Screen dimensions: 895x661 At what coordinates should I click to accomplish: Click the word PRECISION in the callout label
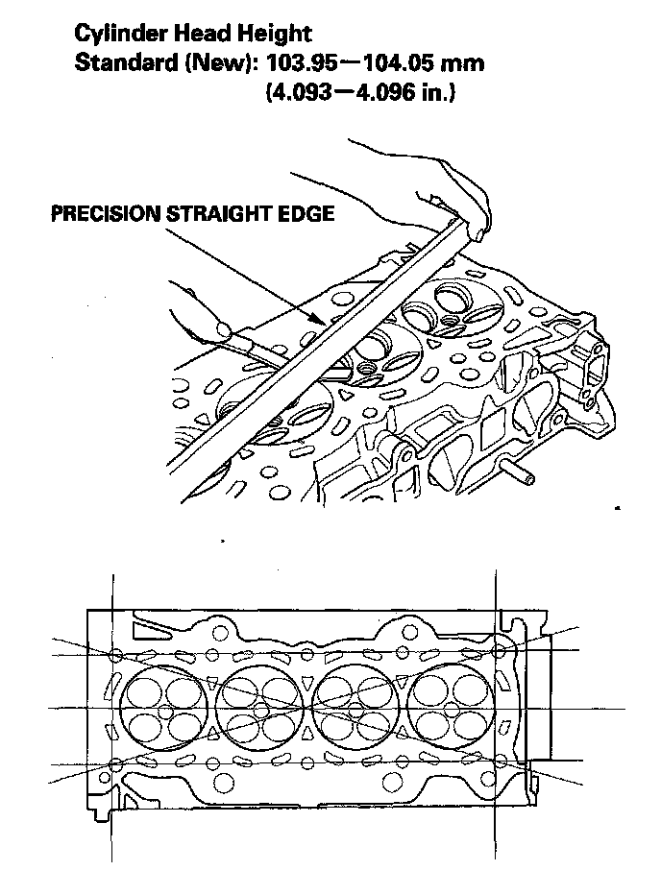[106, 214]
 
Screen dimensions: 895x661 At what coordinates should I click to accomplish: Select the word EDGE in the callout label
[309, 214]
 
